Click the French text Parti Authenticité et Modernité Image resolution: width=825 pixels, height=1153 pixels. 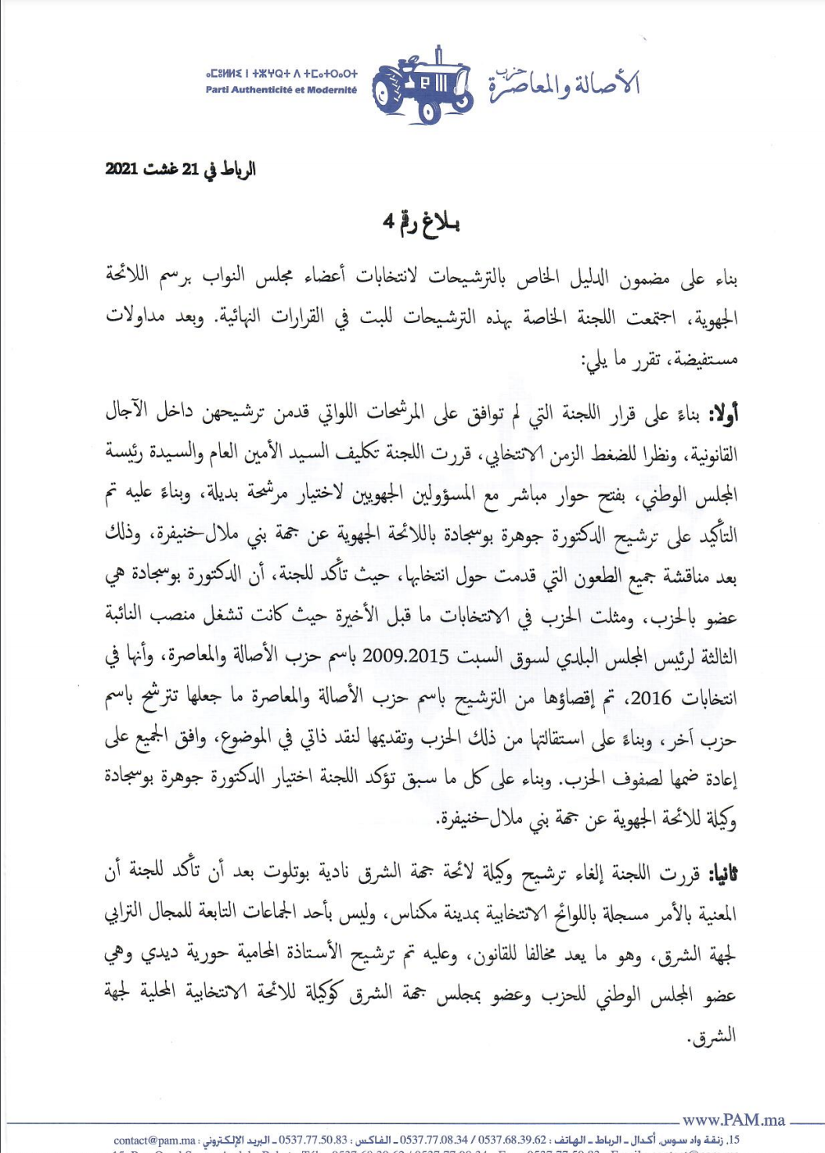click(x=281, y=90)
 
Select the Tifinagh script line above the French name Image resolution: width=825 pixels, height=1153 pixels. click(x=281, y=74)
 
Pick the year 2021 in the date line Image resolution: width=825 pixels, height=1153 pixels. click(x=121, y=169)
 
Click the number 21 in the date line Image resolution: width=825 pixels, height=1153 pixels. click(x=189, y=169)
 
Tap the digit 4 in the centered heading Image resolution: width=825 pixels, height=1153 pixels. click(x=387, y=222)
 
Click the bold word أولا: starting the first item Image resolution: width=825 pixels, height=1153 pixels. click(x=722, y=413)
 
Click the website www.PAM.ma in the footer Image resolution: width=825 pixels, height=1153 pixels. click(x=733, y=1119)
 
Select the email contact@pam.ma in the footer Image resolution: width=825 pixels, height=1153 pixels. click(x=154, y=1140)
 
